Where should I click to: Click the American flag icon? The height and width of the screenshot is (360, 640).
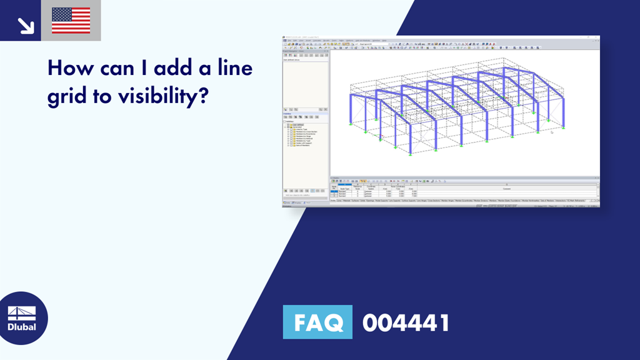(x=71, y=21)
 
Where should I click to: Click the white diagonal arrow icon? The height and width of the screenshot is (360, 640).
(x=25, y=26)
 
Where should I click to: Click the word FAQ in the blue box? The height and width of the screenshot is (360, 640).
(x=317, y=322)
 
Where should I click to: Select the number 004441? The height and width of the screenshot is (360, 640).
(x=406, y=323)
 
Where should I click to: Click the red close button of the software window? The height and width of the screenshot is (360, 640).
(x=596, y=37)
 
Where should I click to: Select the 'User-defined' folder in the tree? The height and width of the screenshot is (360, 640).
(x=299, y=125)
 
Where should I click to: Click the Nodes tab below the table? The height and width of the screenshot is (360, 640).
(x=333, y=201)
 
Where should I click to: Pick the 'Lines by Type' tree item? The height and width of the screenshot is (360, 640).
(x=301, y=130)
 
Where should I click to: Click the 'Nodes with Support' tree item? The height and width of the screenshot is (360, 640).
(x=304, y=142)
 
